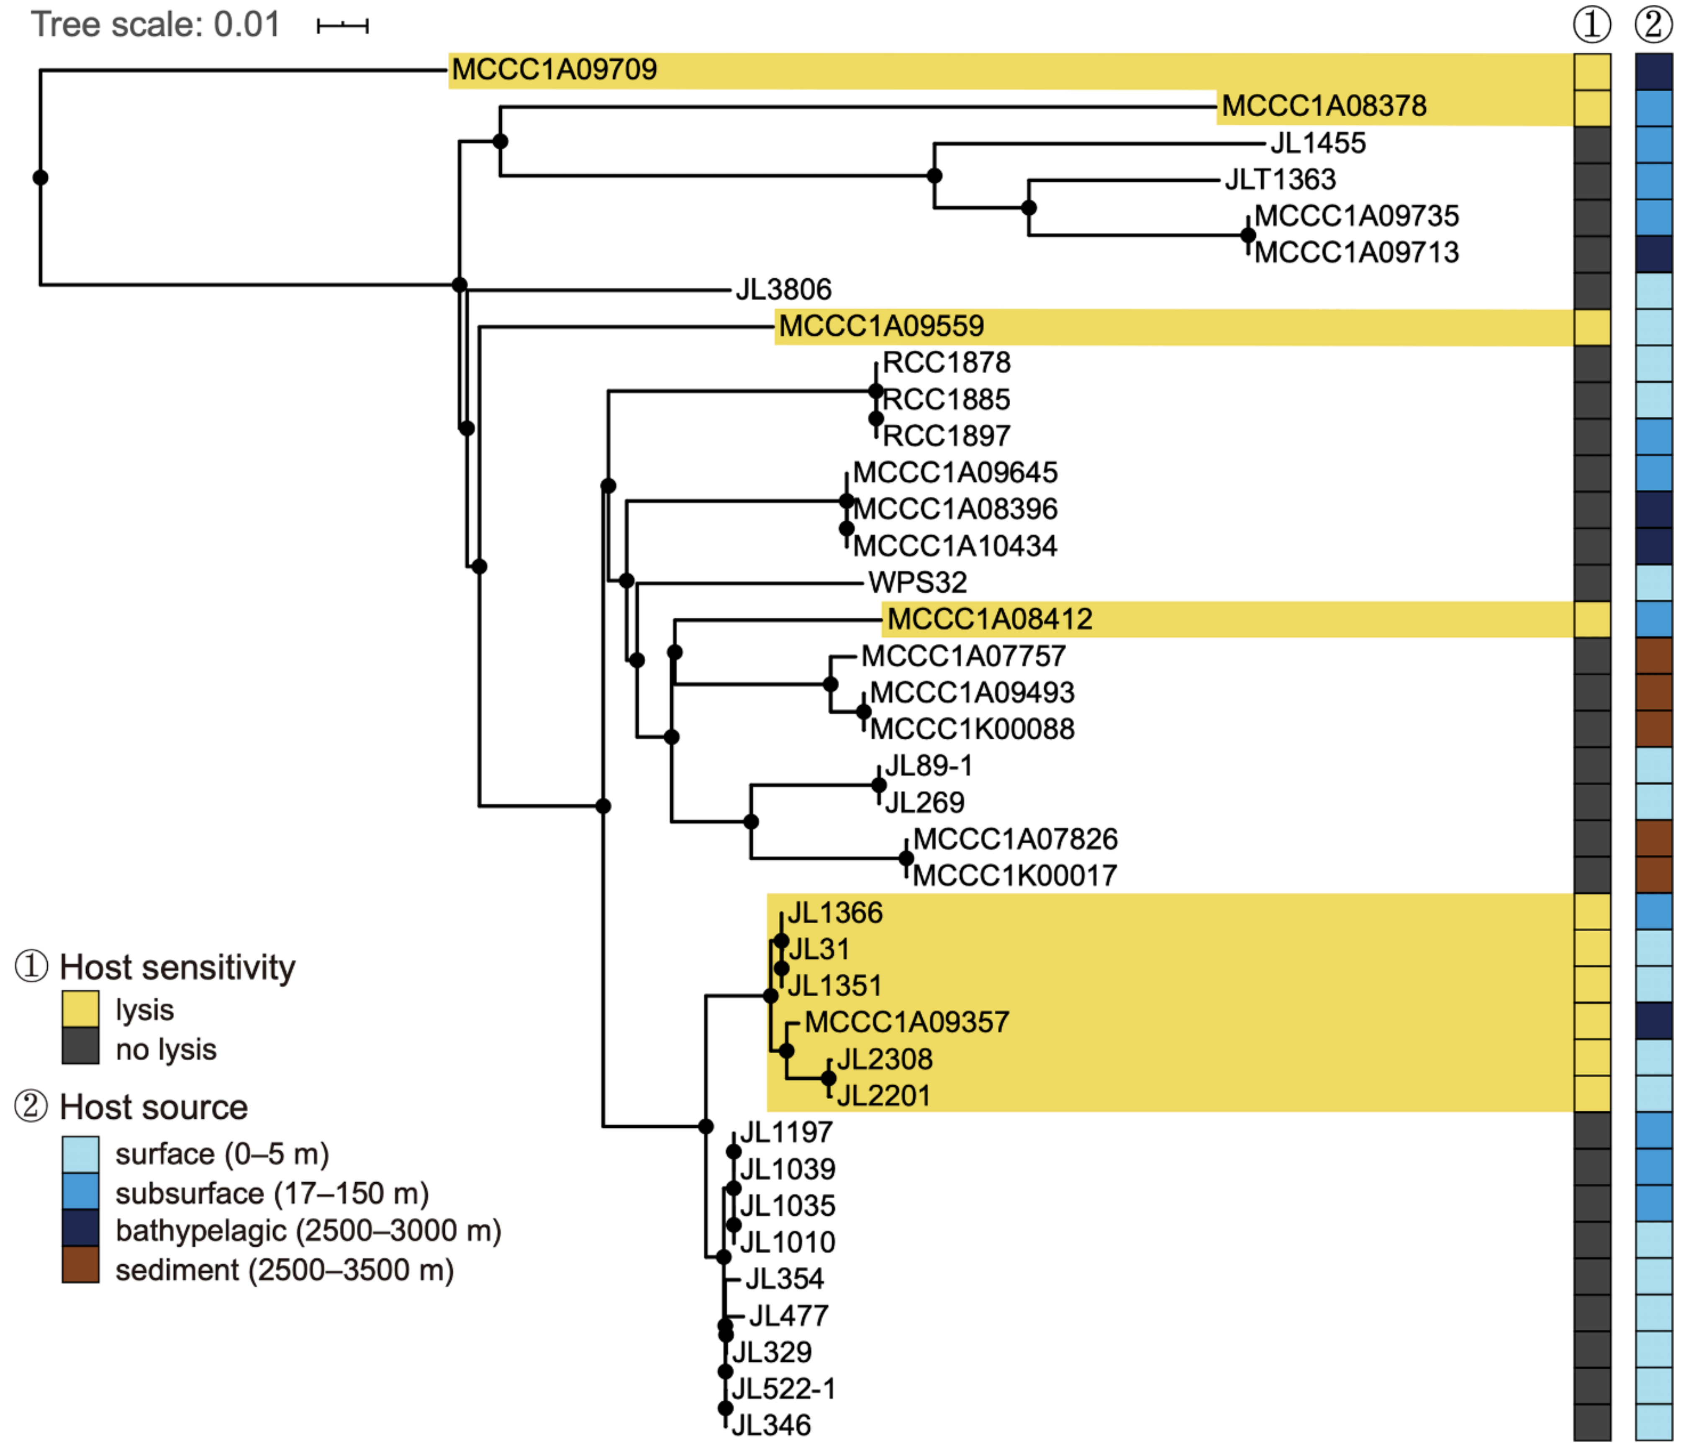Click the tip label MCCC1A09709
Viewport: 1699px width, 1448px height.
click(x=554, y=70)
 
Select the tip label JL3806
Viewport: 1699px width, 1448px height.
click(x=783, y=290)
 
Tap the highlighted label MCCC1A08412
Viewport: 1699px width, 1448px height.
click(x=990, y=619)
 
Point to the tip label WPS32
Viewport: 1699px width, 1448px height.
click(x=918, y=582)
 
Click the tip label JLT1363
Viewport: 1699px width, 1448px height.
click(x=1280, y=180)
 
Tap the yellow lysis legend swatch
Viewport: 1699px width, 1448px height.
click(x=80, y=1009)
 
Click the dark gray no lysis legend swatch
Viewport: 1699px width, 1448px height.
click(x=80, y=1047)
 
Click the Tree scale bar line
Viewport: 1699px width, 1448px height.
click(x=343, y=26)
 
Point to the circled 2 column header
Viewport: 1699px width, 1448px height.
click(x=1653, y=25)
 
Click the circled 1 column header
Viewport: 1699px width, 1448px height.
click(x=1591, y=25)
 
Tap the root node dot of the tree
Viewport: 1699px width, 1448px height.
click(x=40, y=178)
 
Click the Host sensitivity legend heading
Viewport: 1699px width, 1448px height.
click(x=177, y=968)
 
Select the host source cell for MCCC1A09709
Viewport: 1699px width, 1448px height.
click(x=1653, y=71)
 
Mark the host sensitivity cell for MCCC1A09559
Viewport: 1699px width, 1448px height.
click(x=1591, y=327)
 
